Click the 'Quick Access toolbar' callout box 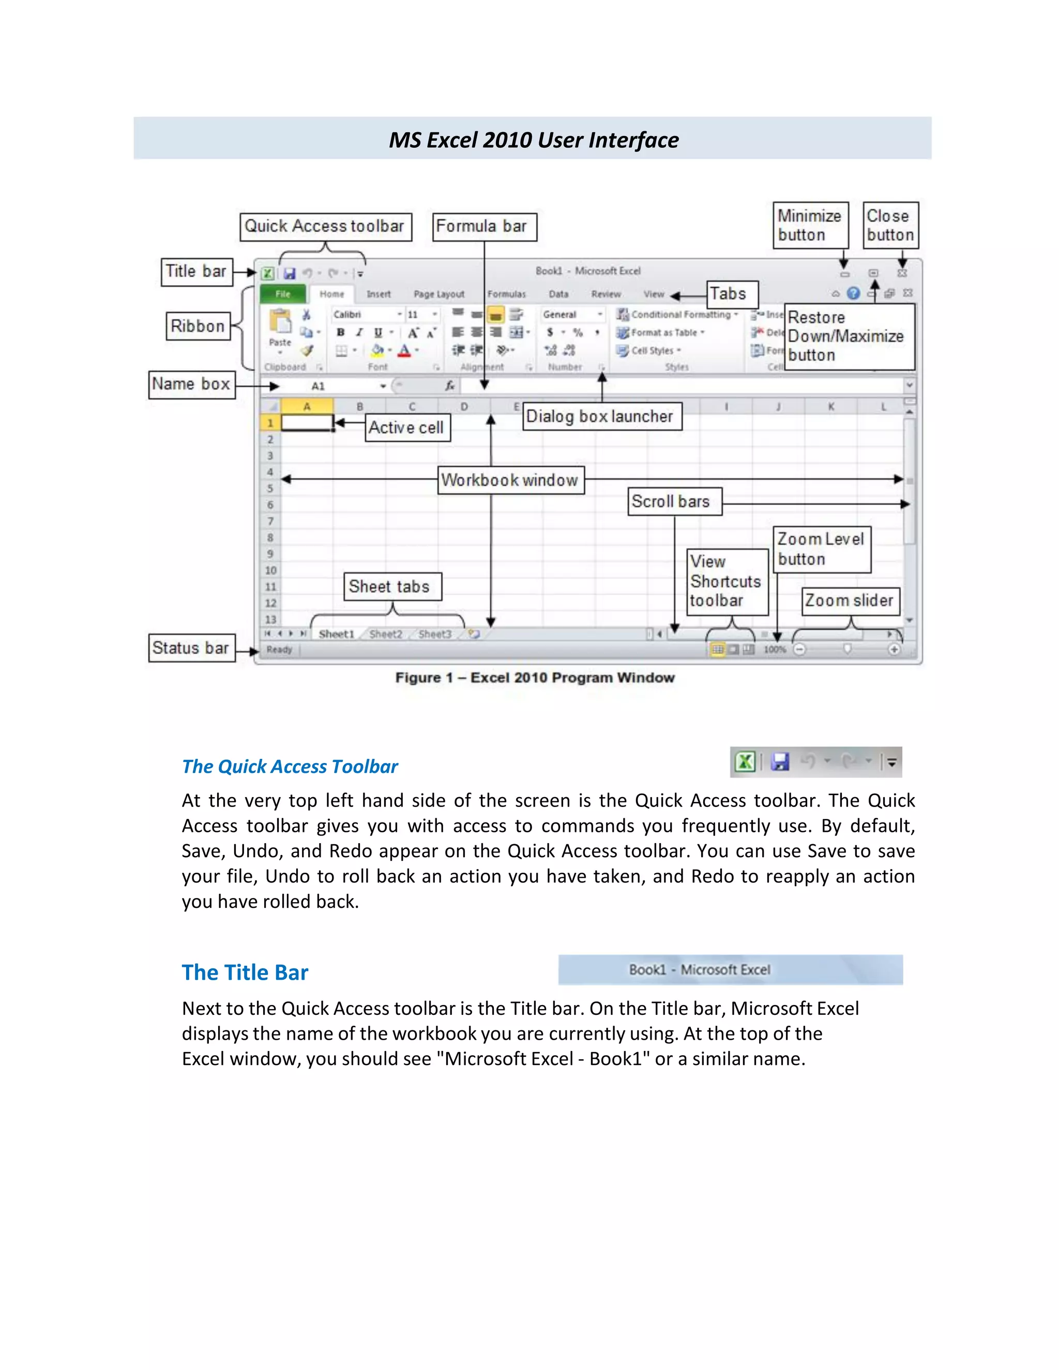tap(325, 226)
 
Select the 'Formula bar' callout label tap(485, 226)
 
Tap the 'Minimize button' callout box tap(810, 225)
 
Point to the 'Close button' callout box tap(890, 225)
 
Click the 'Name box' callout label tap(191, 385)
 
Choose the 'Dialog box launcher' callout tap(602, 417)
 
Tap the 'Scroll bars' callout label tap(674, 502)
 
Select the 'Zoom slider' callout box tap(850, 601)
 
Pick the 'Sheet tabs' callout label tap(392, 587)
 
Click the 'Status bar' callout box tap(191, 648)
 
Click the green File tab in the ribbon tap(283, 294)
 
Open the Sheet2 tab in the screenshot tap(386, 634)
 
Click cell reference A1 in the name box tap(318, 386)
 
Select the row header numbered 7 tap(270, 521)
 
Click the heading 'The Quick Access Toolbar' tap(290, 767)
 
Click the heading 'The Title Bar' tap(245, 972)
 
